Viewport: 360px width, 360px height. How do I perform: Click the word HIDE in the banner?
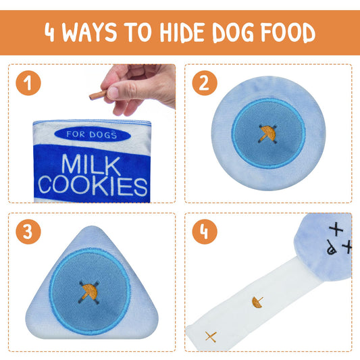coord(182,32)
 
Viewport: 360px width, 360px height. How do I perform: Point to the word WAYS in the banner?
coord(89,32)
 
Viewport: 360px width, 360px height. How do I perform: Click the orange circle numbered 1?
coord(28,83)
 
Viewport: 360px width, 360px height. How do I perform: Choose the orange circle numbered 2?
coord(205,83)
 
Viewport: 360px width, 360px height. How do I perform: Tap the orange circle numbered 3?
coord(28,232)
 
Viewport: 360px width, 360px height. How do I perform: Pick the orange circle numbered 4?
coord(205,232)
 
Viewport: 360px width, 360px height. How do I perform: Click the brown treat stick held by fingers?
coord(98,95)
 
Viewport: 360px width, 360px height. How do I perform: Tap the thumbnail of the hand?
coord(113,93)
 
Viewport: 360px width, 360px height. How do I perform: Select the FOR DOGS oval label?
coord(93,134)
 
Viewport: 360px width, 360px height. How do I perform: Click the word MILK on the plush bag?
coord(91,164)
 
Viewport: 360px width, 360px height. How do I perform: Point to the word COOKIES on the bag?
coord(93,186)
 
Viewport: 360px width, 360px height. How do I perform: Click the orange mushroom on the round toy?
coord(268,133)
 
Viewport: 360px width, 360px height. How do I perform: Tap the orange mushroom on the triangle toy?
coord(90,292)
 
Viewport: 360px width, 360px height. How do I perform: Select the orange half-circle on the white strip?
coord(257,302)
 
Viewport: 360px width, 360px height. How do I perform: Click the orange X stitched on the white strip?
coord(211,336)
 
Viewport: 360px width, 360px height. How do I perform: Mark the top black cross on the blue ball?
coord(336,229)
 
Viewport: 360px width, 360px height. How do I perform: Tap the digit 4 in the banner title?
coord(49,32)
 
